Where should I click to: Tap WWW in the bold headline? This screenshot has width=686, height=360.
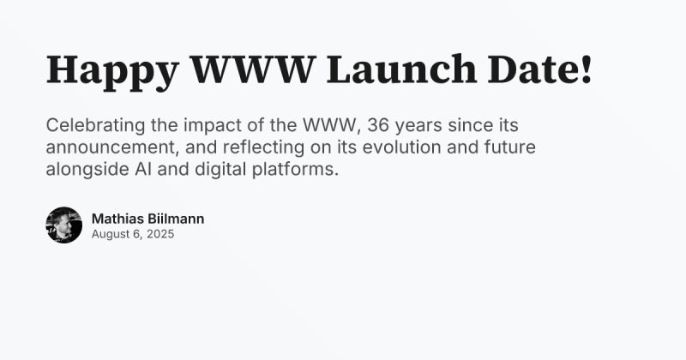253,69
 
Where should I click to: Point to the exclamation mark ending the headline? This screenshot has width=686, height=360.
587,69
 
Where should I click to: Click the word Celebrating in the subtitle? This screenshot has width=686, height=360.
95,125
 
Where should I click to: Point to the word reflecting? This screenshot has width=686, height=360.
263,147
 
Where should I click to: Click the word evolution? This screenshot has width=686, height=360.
401,147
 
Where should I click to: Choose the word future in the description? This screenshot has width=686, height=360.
509,147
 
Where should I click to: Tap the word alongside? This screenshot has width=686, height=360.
87,169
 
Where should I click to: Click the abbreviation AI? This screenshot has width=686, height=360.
143,169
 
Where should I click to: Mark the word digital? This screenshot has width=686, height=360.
220,169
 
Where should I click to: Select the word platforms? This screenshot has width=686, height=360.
295,169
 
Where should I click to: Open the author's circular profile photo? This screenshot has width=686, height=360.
63,225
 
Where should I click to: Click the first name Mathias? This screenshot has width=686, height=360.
117,219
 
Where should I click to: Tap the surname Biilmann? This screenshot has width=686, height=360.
176,219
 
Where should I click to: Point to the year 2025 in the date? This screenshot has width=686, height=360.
160,234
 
